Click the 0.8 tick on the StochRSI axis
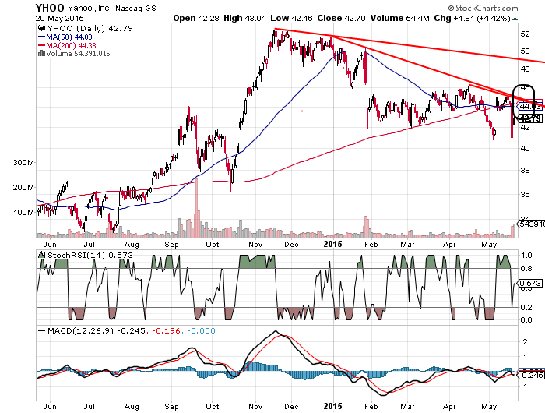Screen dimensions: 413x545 click(526, 269)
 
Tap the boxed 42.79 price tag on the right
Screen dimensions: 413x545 click(529, 118)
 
